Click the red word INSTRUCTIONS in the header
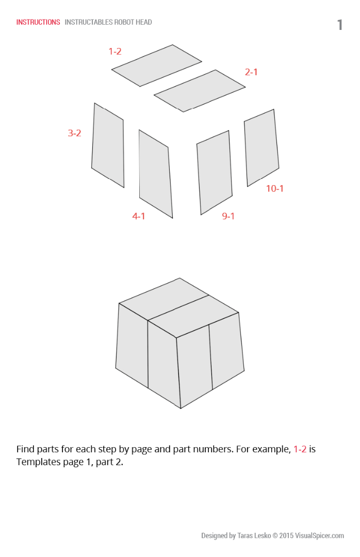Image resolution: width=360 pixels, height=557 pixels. [38, 22]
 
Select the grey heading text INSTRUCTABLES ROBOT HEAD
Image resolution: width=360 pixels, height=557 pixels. [108, 22]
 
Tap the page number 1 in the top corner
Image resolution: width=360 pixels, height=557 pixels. [340, 25]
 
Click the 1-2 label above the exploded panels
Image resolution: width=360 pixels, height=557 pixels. [115, 51]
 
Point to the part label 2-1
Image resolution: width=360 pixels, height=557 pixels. [251, 72]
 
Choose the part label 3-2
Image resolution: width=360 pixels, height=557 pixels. [74, 133]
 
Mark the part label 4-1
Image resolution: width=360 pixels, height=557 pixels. [139, 216]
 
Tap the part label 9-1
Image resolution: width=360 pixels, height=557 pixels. [228, 216]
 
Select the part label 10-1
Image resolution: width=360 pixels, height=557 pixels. [275, 188]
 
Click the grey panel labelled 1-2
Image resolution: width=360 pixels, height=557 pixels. [156, 65]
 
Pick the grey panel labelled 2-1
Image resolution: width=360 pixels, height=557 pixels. [200, 91]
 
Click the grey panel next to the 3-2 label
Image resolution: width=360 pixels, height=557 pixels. [108, 145]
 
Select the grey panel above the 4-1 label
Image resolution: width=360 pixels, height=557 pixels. [155, 173]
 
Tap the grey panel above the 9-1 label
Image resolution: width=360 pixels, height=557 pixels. [215, 172]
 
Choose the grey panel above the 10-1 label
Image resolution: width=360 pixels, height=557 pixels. [261, 148]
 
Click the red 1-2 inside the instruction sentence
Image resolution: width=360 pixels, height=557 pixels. [300, 449]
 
